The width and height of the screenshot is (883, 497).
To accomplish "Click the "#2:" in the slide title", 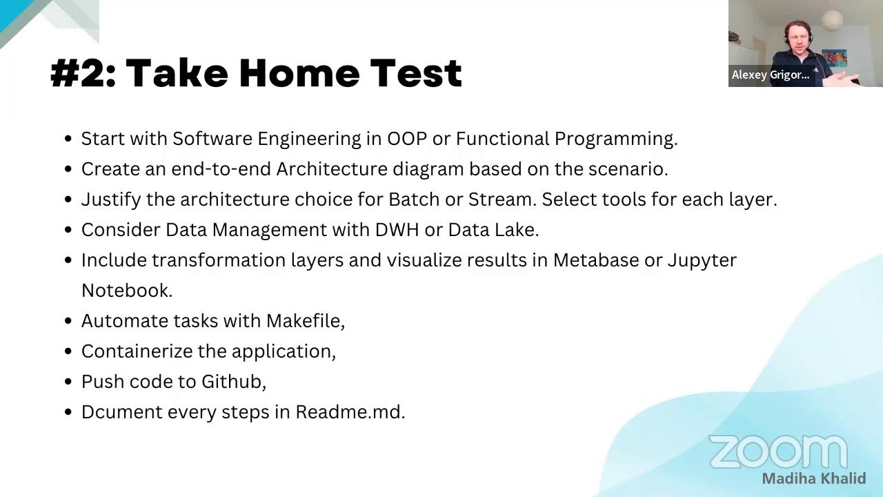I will point(82,73).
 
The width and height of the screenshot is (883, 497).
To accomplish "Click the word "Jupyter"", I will point(702,260).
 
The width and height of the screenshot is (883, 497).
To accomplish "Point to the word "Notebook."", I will point(127,291).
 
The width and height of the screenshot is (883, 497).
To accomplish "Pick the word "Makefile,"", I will point(306,321).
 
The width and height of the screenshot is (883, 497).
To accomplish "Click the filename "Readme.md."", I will point(350,412).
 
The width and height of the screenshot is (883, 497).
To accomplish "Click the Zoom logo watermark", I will point(777,452).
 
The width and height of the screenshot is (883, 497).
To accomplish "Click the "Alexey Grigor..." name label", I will point(770,75).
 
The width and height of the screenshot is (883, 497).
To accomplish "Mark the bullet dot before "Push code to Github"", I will point(68,382).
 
